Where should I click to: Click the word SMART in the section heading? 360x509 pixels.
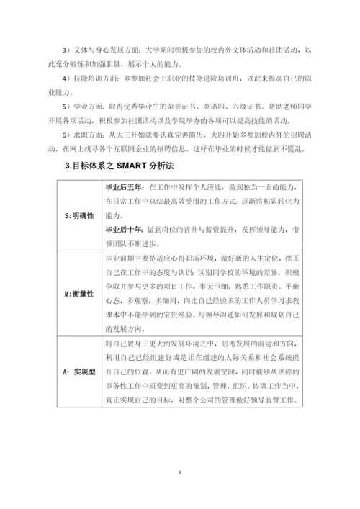pyautogui.click(x=132, y=167)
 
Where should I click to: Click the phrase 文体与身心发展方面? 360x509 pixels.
pyautogui.click(x=106, y=50)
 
